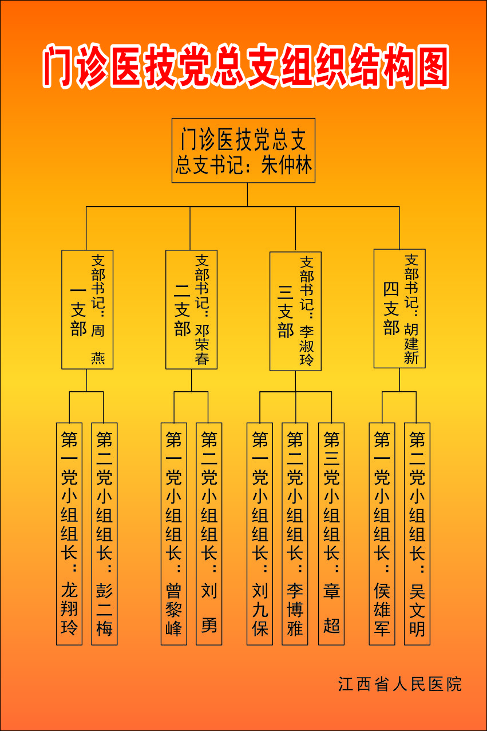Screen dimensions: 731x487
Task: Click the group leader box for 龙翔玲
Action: pos(69,533)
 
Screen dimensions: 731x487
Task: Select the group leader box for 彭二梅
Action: pos(104,533)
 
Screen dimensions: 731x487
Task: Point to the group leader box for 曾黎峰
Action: pos(173,533)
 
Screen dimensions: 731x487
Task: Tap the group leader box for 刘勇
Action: pos(209,533)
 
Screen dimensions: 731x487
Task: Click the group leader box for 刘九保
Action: pos(260,533)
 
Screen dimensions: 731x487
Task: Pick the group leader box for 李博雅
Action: pos(295,533)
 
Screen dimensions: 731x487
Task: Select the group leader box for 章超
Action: pos(331,533)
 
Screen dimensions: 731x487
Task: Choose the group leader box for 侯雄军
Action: pos(382,533)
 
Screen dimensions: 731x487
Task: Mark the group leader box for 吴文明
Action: pos(417,533)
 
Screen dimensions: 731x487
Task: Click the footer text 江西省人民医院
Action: pos(399,684)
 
